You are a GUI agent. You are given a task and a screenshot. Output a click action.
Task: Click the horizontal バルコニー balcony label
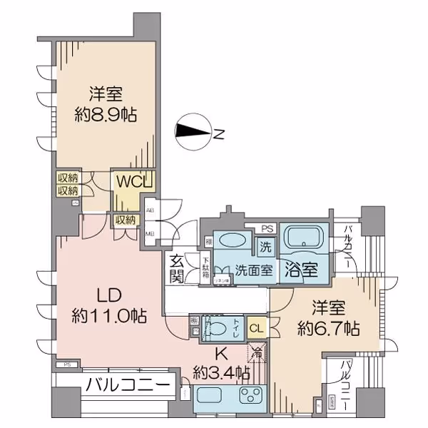click(128, 386)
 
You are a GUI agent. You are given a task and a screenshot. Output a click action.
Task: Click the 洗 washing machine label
click(265, 249)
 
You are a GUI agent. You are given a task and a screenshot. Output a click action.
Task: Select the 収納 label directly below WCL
click(126, 220)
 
